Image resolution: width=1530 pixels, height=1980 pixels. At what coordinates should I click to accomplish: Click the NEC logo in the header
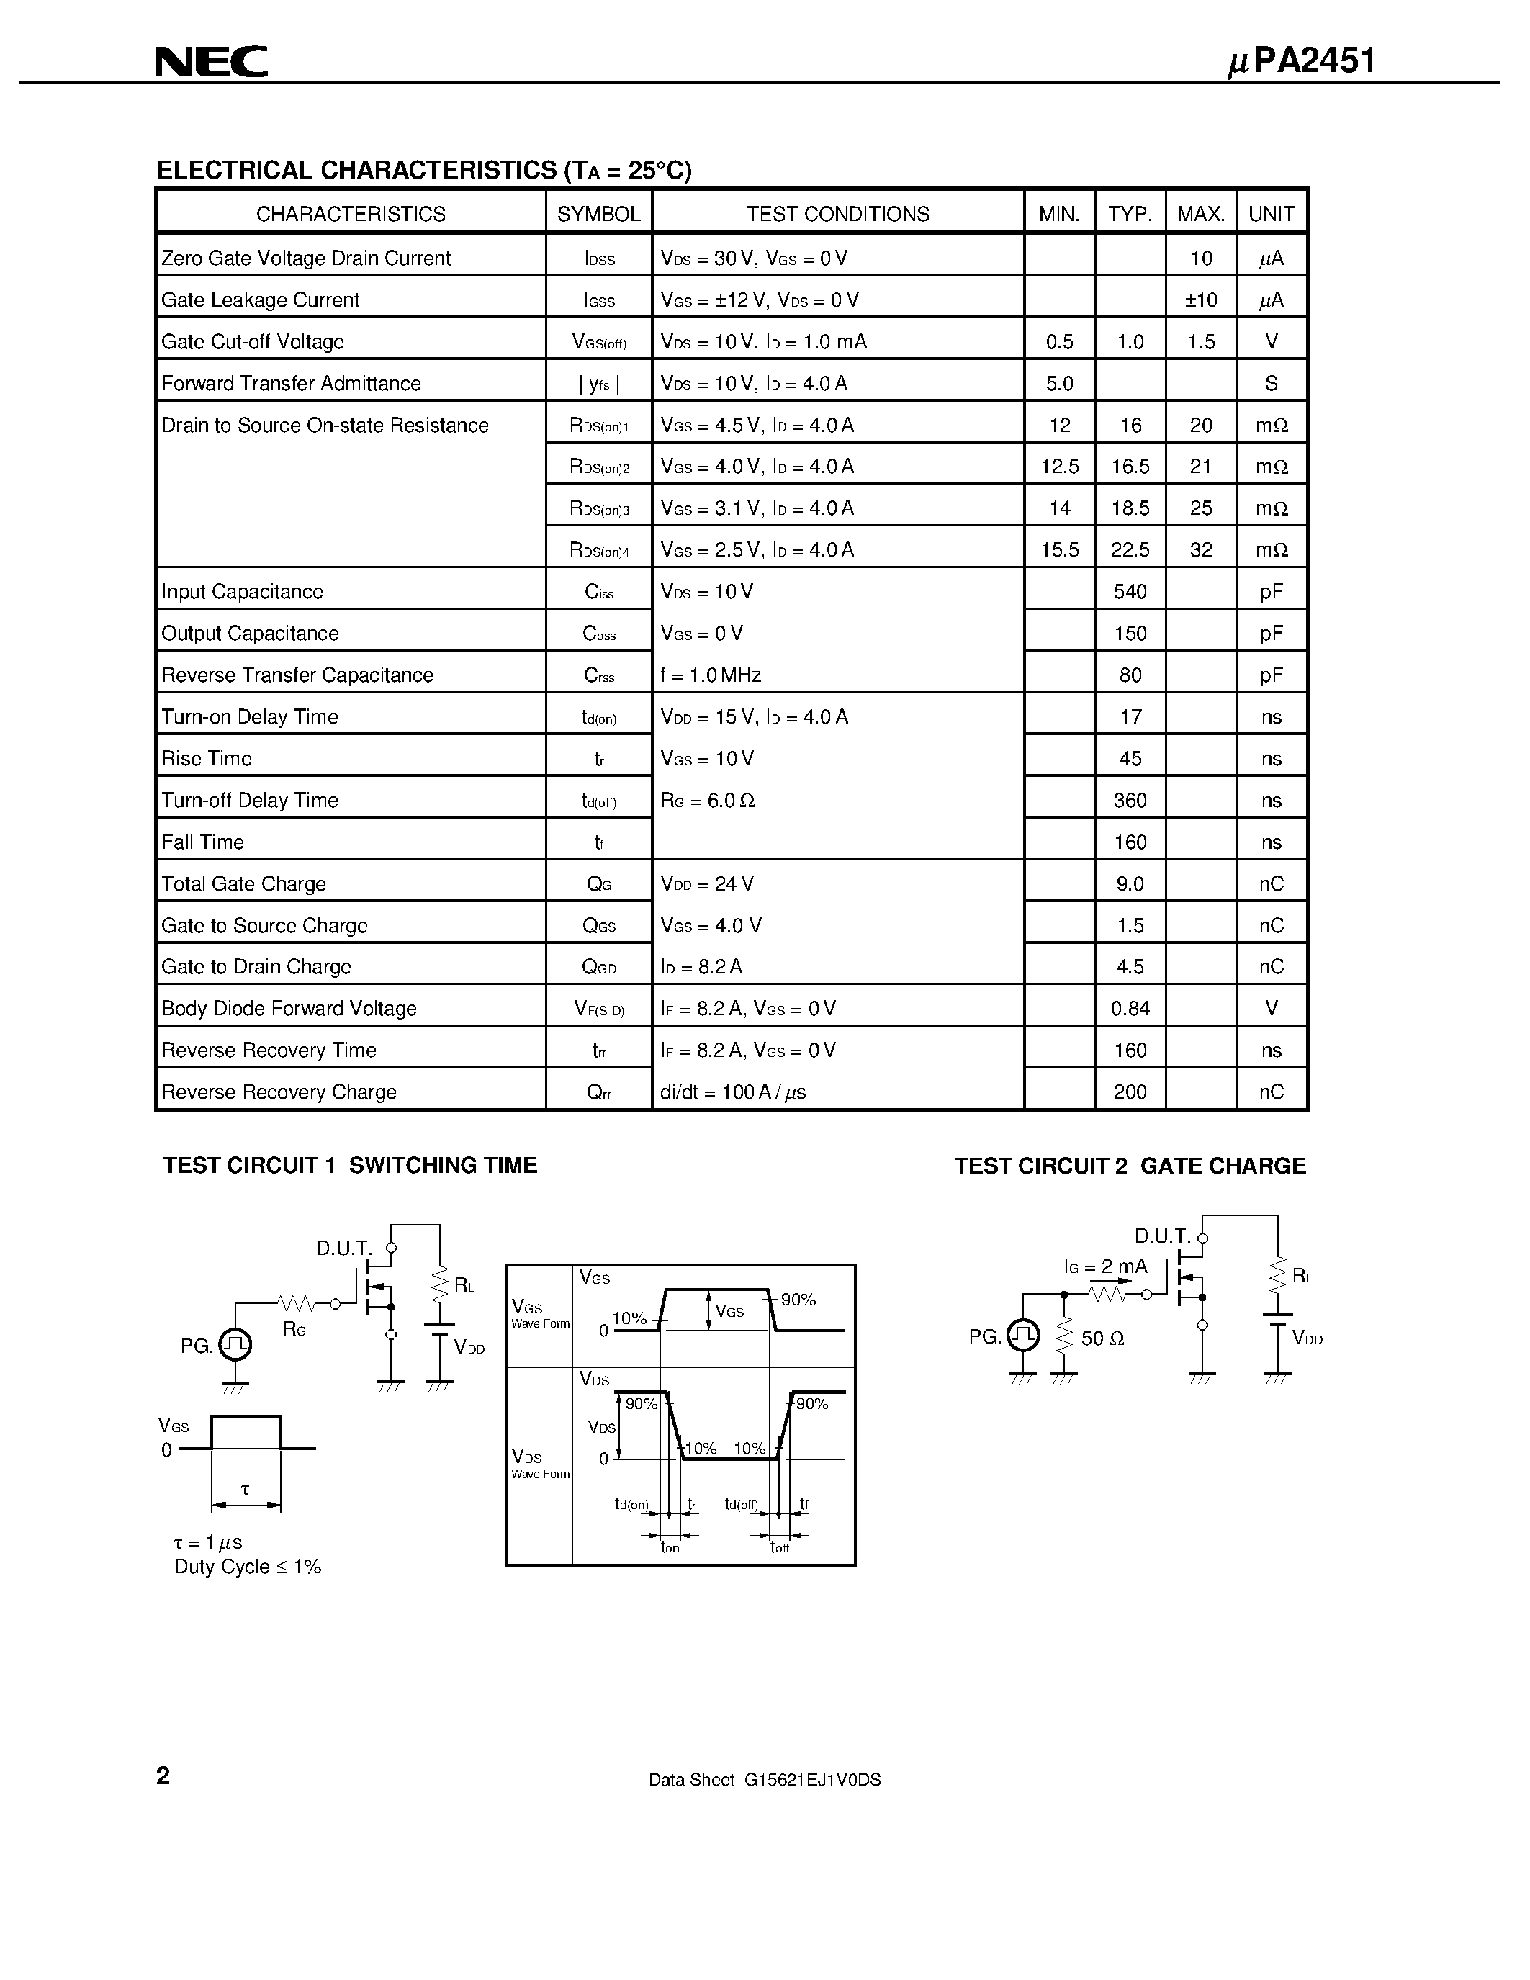tap(211, 62)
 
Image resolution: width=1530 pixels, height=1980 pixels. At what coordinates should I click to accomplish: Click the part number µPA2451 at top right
tap(1302, 60)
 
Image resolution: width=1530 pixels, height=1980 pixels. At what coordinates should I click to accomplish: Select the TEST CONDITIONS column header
tap(837, 214)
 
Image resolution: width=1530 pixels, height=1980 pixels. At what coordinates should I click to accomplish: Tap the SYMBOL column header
tap(598, 214)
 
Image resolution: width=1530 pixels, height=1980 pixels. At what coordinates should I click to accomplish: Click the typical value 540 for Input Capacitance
tap(1130, 592)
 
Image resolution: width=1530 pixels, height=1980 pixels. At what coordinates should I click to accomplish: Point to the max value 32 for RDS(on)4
tap(1201, 550)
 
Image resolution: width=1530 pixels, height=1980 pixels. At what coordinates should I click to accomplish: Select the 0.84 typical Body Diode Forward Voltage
tap(1130, 1008)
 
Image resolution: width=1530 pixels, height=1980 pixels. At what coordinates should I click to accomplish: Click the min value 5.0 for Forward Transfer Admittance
tap(1060, 384)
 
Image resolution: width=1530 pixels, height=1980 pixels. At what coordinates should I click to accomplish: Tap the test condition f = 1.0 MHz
tap(711, 675)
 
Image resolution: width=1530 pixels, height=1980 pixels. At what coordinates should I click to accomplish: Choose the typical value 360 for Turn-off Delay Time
tap(1130, 801)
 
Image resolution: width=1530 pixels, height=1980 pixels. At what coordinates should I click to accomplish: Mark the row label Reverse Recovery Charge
tap(279, 1092)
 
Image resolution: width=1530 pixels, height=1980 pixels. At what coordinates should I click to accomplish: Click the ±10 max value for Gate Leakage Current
tap(1201, 300)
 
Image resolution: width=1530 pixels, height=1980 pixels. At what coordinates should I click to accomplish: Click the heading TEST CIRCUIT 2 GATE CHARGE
tap(1130, 1166)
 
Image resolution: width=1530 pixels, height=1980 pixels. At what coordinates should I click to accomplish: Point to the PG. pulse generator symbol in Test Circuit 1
tap(235, 1344)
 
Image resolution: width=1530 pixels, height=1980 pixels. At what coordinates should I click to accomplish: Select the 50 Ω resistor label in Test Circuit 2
tap(1102, 1339)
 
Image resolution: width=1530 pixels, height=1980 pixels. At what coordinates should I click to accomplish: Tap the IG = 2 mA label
tap(1106, 1266)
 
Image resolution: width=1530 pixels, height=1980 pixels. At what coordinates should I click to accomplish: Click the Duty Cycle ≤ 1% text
tap(248, 1567)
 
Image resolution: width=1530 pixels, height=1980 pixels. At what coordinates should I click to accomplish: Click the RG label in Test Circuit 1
tap(294, 1330)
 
